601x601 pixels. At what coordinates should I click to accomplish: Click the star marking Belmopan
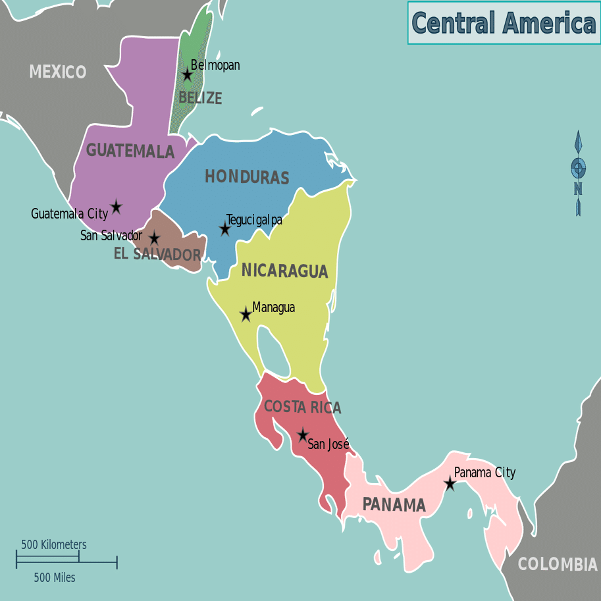[x=187, y=75]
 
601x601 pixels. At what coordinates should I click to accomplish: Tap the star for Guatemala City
[x=117, y=207]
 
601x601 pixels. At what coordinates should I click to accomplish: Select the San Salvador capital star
[x=154, y=238]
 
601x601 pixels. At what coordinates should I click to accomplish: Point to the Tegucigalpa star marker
[x=224, y=229]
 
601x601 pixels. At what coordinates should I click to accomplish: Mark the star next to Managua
[x=246, y=315]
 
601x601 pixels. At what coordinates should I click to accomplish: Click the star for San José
[x=302, y=435]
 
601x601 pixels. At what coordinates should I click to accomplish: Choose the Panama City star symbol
[x=450, y=484]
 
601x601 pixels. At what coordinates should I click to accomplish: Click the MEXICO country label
[x=57, y=72]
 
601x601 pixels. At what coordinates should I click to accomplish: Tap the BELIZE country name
[x=200, y=98]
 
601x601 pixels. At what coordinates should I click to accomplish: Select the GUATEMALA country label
[x=130, y=151]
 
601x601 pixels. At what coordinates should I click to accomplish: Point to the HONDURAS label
[x=247, y=177]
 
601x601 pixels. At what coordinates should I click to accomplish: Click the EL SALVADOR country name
[x=157, y=254]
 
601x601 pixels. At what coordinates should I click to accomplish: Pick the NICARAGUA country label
[x=284, y=271]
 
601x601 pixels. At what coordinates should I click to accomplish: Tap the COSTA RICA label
[x=303, y=407]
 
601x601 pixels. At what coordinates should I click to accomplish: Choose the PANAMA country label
[x=394, y=506]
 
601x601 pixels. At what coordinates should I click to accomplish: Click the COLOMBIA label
[x=558, y=564]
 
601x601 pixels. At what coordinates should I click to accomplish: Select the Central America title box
[x=504, y=23]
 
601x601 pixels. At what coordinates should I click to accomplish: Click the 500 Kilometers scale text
[x=54, y=545]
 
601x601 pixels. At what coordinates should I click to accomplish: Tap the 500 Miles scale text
[x=55, y=578]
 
